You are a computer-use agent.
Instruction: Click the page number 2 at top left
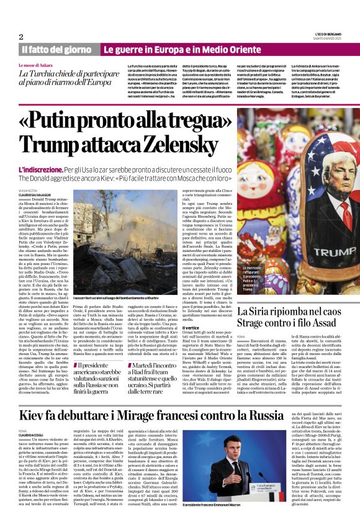click(21, 37)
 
